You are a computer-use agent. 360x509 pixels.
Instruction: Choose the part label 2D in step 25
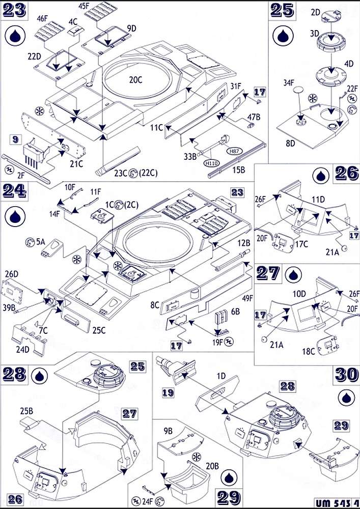[x=315, y=11]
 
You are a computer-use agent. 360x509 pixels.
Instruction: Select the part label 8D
[x=291, y=144]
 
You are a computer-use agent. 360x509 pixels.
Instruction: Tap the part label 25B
[x=27, y=409]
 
